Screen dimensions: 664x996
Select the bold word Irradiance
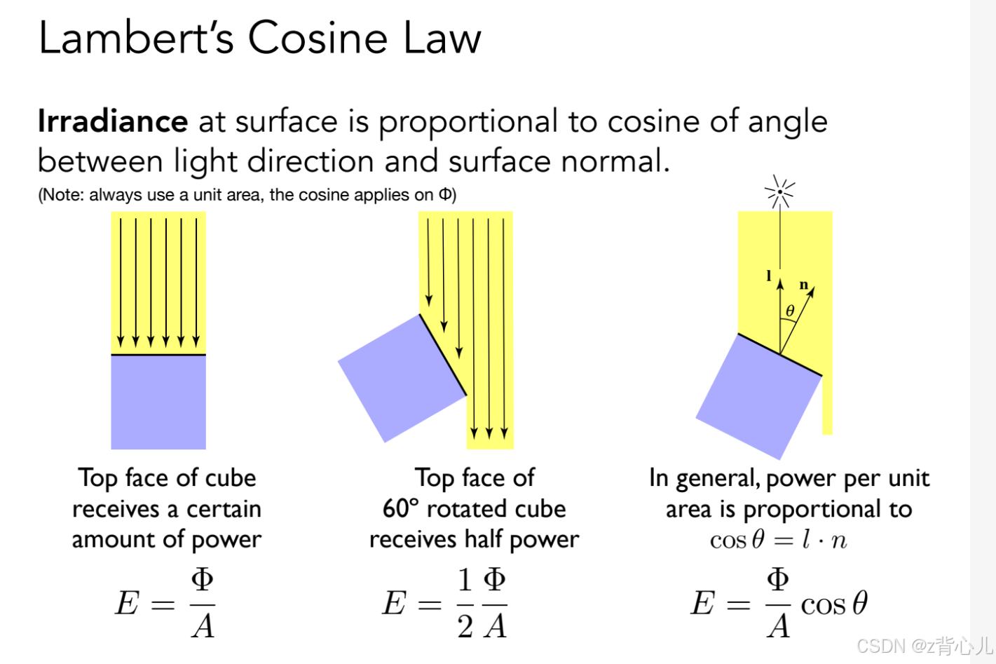coord(113,121)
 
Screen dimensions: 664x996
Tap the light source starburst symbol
coord(779,191)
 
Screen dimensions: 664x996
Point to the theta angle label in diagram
coord(790,311)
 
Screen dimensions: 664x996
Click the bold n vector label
coord(804,285)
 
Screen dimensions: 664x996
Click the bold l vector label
coord(769,276)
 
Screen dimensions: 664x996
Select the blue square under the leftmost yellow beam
coord(158,402)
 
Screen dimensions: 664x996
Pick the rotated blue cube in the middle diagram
coord(402,377)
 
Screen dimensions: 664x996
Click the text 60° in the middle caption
coord(400,508)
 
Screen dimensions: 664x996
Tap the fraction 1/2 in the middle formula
coord(465,603)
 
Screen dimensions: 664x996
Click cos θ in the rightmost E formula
coord(833,603)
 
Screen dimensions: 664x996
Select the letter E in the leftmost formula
coord(128,603)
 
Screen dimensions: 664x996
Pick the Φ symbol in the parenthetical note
coord(445,195)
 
